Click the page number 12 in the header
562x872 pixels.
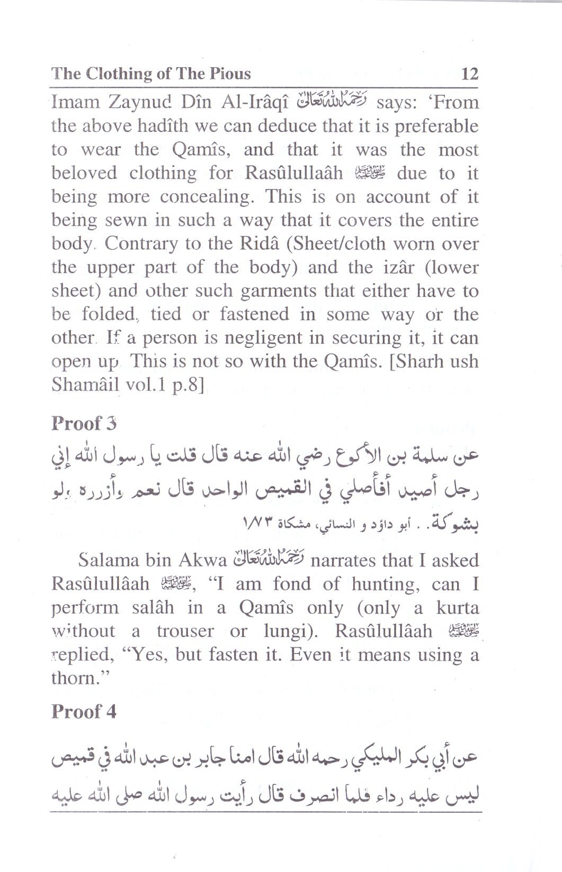[470, 73]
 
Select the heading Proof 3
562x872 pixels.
[84, 424]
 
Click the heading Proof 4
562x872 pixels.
[84, 712]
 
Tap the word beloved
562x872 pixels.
[84, 173]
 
